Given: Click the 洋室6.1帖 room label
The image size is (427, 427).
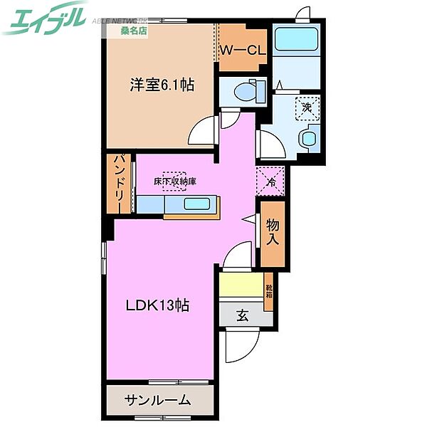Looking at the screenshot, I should tap(162, 85).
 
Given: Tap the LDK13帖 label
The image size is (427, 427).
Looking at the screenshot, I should tap(157, 305).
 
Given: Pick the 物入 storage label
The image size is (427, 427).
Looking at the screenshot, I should tap(273, 232).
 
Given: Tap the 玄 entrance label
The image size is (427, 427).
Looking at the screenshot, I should tap(242, 316).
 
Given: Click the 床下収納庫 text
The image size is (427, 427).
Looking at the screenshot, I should tap(175, 181).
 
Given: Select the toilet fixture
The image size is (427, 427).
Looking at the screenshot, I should tap(246, 90).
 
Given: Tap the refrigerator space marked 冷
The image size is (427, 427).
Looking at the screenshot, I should tap(270, 181).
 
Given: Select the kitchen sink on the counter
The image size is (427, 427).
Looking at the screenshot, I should tap(196, 204).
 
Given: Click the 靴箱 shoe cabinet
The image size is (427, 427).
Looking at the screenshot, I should tap(269, 292).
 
